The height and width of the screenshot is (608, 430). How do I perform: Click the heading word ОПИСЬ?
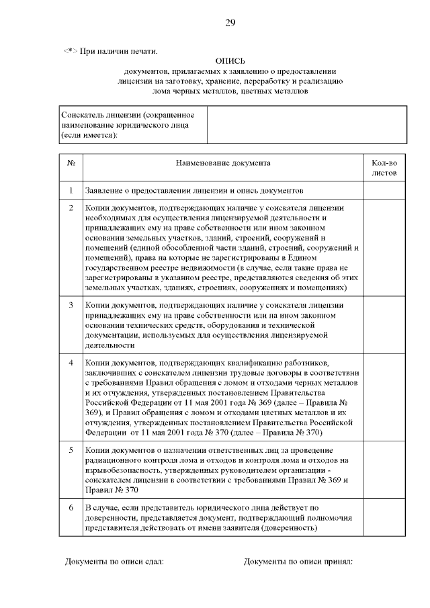tap(230, 60)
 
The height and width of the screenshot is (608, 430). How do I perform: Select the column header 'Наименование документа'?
tap(223, 163)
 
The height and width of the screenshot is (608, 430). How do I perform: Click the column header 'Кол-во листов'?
tap(384, 167)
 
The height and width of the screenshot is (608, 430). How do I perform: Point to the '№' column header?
tap(71, 163)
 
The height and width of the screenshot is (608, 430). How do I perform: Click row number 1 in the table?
tap(71, 191)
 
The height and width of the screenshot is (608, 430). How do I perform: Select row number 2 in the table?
tap(71, 208)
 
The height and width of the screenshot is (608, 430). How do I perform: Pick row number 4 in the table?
tap(71, 363)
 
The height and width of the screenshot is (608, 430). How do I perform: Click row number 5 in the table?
tap(71, 449)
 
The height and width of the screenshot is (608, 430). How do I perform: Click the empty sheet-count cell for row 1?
tap(384, 191)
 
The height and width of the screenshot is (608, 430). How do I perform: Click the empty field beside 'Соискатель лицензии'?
tap(306, 126)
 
